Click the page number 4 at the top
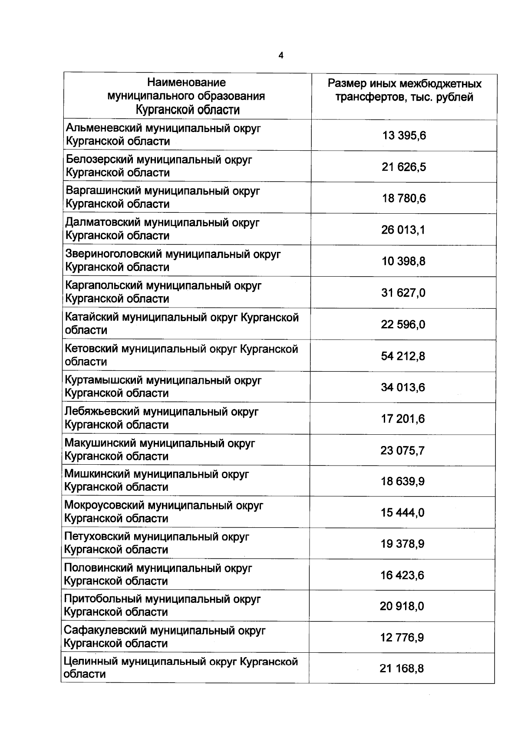tap(280, 56)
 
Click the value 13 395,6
tap(404, 136)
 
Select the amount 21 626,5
tap(404, 167)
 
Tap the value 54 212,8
tap(403, 356)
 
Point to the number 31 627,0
tap(403, 293)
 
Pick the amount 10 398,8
tap(403, 261)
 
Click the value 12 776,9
tap(402, 638)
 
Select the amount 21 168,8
tap(402, 668)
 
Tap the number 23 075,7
tap(402, 450)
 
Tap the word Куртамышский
tap(104, 380)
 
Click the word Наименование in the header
tap(186, 82)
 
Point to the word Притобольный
tap(102, 599)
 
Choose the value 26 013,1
tap(403, 230)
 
